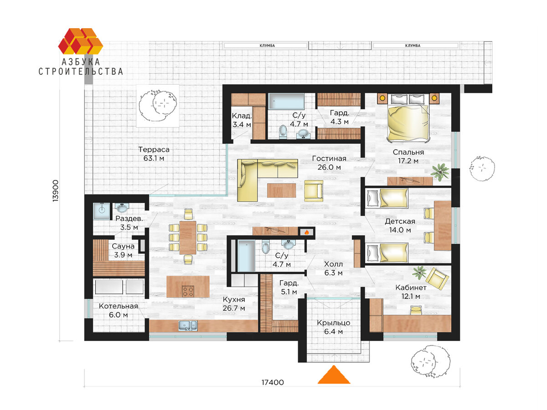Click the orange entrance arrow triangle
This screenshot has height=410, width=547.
tap(334, 375)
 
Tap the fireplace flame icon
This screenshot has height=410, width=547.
tap(307, 232)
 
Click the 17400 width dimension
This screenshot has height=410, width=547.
tap(273, 383)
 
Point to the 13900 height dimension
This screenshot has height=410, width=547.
tap(56, 191)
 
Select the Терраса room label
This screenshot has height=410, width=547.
tap(154, 149)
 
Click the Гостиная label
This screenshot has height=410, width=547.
tap(329, 159)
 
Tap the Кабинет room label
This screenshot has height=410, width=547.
tap(411, 288)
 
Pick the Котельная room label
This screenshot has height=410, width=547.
tap(119, 306)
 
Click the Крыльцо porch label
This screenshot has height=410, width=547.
tap(333, 323)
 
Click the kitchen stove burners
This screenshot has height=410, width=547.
tap(188, 291)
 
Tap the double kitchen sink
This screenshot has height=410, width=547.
tap(188, 326)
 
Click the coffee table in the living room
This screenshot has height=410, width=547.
tap(282, 190)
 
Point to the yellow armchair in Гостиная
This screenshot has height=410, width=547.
tap(314, 191)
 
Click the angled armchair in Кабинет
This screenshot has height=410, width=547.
tap(437, 278)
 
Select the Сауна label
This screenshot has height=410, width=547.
tap(123, 246)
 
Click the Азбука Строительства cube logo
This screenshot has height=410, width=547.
tap(80, 41)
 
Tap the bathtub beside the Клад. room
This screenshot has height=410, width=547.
tap(286, 101)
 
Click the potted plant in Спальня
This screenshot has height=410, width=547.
tap(440, 172)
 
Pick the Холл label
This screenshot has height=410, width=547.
tap(333, 264)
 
